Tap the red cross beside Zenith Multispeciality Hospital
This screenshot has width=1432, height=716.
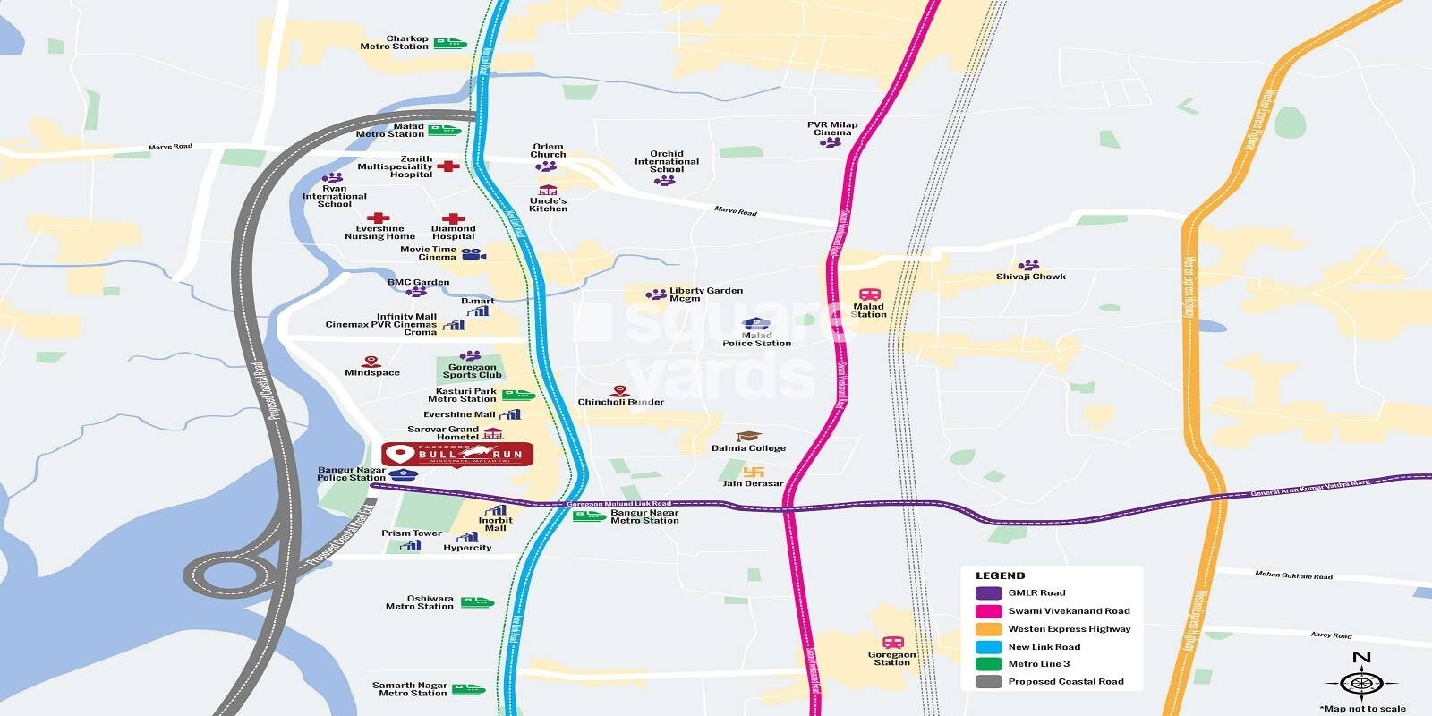click(448, 166)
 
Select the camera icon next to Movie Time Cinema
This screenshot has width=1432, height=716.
click(473, 254)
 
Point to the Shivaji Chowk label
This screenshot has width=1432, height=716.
click(1031, 277)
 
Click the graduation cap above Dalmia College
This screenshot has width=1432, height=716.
click(749, 436)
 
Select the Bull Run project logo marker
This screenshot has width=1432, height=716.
click(457, 455)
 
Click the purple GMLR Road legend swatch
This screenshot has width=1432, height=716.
click(988, 593)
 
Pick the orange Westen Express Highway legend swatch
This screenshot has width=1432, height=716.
click(988, 629)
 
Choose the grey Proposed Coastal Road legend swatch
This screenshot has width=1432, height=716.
click(988, 682)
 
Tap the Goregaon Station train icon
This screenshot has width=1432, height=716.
click(892, 643)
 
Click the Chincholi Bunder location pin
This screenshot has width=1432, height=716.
click(618, 391)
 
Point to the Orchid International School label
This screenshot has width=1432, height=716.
click(667, 161)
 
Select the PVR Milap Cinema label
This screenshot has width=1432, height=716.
click(832, 129)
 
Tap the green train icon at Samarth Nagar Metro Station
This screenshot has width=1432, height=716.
click(467, 689)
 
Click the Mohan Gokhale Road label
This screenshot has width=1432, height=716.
click(1293, 575)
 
